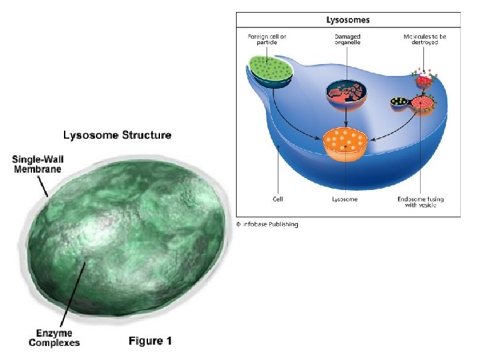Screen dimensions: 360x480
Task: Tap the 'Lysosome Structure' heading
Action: click(x=117, y=135)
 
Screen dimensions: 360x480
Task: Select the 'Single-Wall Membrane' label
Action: click(x=37, y=164)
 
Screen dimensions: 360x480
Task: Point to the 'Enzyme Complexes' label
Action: click(x=54, y=337)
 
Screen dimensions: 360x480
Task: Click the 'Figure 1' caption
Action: click(x=149, y=341)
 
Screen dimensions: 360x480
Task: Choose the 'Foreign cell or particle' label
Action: click(x=266, y=38)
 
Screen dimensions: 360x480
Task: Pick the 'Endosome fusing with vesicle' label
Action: click(x=421, y=203)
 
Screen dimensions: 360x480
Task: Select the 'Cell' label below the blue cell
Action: click(x=279, y=199)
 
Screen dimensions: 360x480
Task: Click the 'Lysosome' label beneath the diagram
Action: click(x=345, y=199)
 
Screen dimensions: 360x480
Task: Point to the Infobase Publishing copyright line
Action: click(x=267, y=224)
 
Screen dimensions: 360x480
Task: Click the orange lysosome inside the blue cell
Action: click(x=345, y=141)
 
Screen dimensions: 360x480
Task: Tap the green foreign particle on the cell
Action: click(x=269, y=70)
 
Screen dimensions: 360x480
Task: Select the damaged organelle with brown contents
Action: click(x=345, y=93)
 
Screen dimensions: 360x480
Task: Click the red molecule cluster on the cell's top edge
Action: click(x=425, y=80)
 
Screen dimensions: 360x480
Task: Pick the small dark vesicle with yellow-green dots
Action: click(x=399, y=103)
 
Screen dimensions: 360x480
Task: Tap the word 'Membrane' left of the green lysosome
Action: click(x=37, y=169)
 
